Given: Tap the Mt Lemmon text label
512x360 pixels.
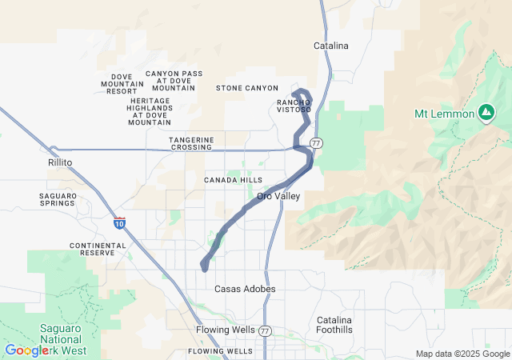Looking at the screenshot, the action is (444, 114).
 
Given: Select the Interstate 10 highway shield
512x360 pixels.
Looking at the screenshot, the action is (119, 223).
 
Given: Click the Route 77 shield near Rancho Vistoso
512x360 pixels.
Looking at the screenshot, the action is (318, 142).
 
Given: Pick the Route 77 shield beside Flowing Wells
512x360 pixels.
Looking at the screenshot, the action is (266, 330).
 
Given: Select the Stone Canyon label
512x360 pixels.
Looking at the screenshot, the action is (247, 88).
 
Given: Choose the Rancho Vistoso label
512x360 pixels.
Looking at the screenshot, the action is (294, 106).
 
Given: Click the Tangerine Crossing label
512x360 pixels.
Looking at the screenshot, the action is (191, 143).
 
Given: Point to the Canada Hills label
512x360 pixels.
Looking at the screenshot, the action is (233, 180).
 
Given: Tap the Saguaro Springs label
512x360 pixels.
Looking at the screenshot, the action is (58, 199).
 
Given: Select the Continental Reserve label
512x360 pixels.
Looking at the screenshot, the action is (98, 250).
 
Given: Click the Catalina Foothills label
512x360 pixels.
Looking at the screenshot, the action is (334, 324).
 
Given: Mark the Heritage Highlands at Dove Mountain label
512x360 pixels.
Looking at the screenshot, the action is (150, 111).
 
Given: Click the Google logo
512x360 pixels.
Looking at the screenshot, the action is (26, 350).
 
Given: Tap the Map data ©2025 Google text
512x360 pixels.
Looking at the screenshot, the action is (462, 354).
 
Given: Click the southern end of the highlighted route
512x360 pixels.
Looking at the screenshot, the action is (205, 268).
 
